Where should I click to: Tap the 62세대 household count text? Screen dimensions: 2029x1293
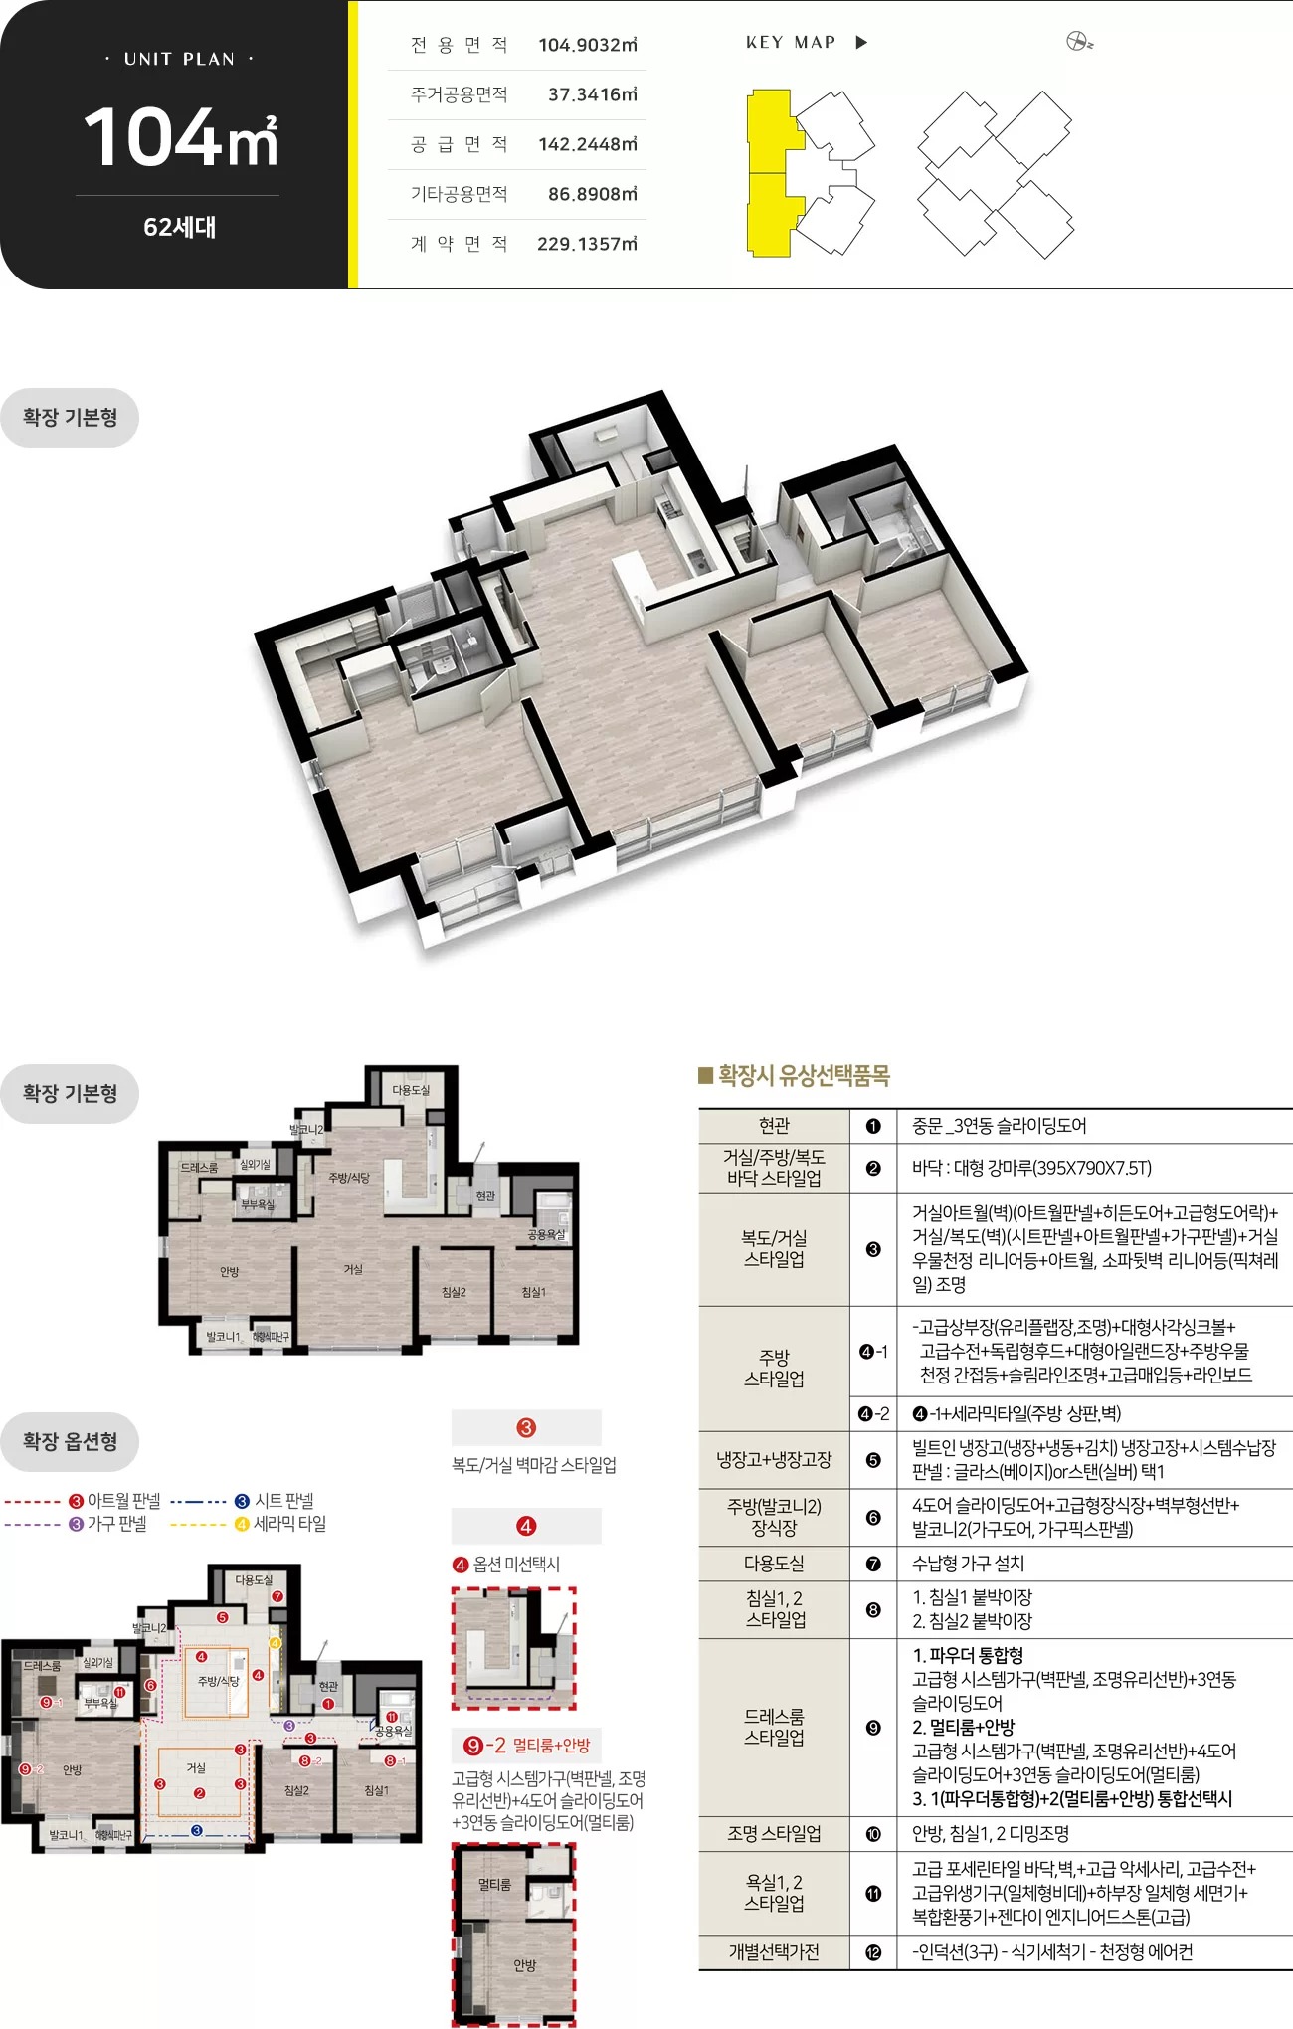(x=180, y=227)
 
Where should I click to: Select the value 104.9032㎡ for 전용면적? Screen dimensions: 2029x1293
(x=587, y=45)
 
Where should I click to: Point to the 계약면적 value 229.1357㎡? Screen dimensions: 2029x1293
(x=587, y=244)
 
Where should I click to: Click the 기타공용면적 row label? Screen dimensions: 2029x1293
(x=460, y=194)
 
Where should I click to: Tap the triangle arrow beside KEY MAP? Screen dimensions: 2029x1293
(x=861, y=42)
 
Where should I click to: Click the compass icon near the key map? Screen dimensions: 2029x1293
(x=1079, y=42)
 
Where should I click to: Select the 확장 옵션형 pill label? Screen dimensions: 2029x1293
(x=70, y=1441)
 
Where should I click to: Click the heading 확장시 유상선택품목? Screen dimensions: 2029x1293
(x=804, y=1075)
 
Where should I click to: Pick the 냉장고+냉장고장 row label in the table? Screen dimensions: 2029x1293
(x=774, y=1460)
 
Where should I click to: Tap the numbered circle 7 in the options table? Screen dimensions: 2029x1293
(x=873, y=1564)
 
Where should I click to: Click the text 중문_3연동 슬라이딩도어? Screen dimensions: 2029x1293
(x=999, y=1126)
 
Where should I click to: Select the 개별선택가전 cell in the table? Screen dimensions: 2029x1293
(x=774, y=1952)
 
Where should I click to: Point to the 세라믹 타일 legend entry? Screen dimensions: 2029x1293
(x=288, y=1524)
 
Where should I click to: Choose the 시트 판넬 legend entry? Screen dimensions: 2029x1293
(x=283, y=1501)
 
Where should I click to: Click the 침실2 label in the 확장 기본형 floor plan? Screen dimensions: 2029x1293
(x=454, y=1292)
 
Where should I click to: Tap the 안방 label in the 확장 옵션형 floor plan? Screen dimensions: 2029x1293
(x=73, y=1770)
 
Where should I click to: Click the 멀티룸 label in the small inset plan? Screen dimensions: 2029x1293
(x=494, y=1885)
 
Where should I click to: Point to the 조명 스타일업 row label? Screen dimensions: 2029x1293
(x=774, y=1834)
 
